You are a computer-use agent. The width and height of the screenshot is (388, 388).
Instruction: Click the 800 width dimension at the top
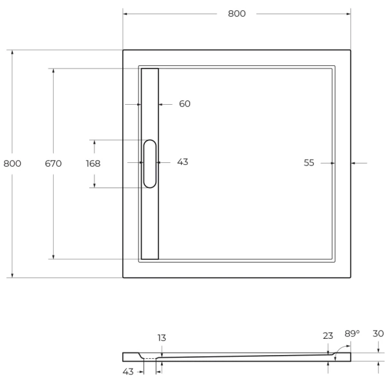click(237, 14)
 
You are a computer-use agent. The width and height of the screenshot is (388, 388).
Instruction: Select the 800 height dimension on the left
click(12, 164)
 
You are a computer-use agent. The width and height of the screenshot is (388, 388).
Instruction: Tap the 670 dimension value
click(53, 164)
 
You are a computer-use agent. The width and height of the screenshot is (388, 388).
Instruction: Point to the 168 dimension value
click(93, 164)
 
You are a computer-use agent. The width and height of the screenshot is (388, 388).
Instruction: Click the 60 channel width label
click(184, 103)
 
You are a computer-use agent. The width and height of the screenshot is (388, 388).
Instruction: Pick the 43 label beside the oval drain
click(182, 162)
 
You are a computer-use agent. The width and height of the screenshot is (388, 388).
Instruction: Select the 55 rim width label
click(309, 163)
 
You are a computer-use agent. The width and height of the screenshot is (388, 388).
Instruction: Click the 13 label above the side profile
click(161, 338)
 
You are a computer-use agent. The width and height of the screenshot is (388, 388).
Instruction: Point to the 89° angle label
click(352, 334)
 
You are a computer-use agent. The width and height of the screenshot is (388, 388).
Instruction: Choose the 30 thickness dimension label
click(378, 334)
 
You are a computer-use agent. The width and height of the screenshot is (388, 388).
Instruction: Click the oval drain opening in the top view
click(149, 164)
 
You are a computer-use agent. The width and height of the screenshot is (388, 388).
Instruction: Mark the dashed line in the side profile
click(150, 358)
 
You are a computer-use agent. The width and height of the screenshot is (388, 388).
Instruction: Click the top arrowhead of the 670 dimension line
click(53, 70)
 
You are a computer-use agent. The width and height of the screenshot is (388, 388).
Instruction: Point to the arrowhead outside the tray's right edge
click(354, 163)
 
